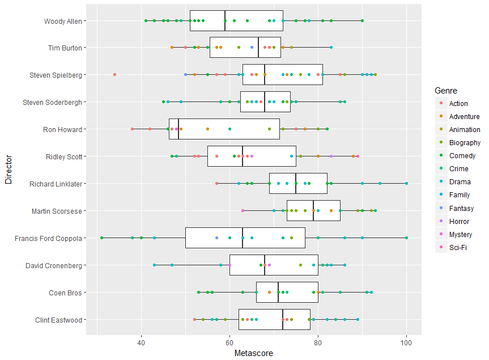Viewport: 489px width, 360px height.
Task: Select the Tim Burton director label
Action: [66, 48]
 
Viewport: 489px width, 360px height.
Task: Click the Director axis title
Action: [8, 170]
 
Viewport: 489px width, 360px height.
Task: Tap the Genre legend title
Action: [446, 91]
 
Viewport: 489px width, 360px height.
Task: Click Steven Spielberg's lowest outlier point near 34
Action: [114, 75]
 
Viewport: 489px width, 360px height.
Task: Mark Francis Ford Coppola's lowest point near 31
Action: [101, 238]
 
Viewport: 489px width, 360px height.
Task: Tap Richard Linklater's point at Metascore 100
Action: [406, 184]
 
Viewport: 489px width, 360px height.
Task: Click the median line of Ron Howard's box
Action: [178, 129]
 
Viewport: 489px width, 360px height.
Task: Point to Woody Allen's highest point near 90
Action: [362, 21]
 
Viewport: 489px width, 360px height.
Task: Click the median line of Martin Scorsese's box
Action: [313, 211]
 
